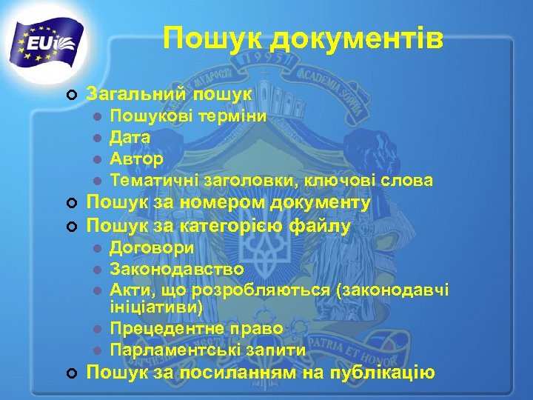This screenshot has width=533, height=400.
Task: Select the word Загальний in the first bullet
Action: click(136, 94)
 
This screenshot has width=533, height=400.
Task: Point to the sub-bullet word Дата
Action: click(130, 137)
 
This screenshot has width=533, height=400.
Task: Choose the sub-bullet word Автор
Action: click(136, 159)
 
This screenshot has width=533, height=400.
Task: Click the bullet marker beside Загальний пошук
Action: click(71, 95)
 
